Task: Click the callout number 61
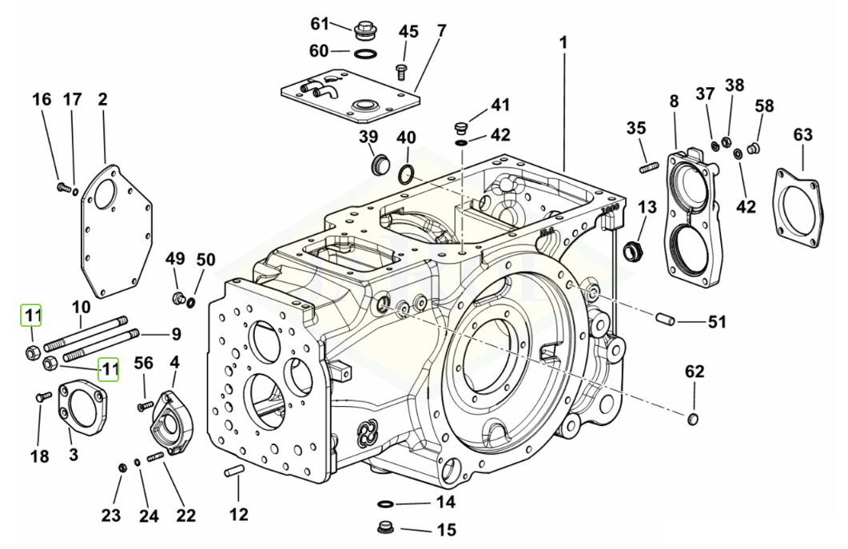tap(320, 23)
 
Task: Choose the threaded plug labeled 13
tap(633, 249)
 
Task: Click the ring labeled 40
tap(407, 173)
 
